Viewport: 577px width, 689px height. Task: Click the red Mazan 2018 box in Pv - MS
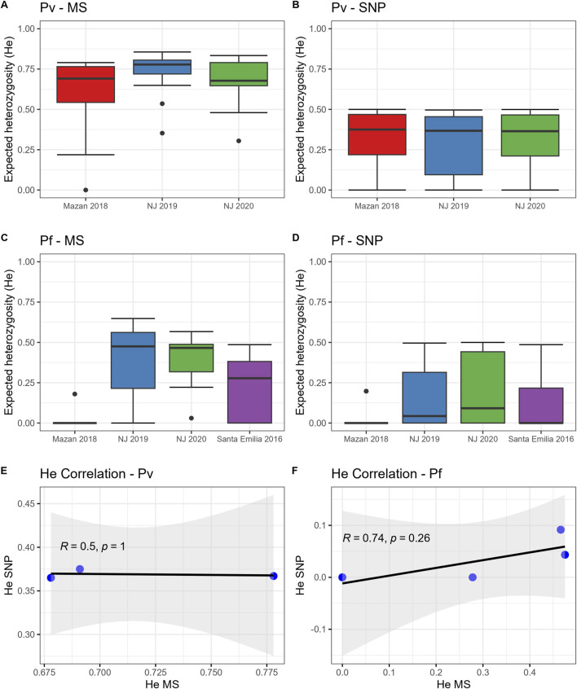pyautogui.click(x=86, y=85)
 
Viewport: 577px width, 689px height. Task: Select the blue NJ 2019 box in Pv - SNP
pyautogui.click(x=453, y=146)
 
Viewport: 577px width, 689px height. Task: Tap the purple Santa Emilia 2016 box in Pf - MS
pyautogui.click(x=250, y=392)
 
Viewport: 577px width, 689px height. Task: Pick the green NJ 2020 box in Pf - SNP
pyautogui.click(x=482, y=387)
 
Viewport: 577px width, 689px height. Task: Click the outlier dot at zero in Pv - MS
pyautogui.click(x=86, y=190)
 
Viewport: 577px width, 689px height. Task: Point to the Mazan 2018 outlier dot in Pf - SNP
pyautogui.click(x=366, y=391)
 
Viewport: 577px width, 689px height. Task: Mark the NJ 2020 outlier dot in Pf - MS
pyautogui.click(x=192, y=418)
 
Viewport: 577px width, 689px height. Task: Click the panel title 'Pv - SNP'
pyautogui.click(x=358, y=7)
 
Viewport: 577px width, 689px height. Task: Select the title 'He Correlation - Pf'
pyautogui.click(x=386, y=474)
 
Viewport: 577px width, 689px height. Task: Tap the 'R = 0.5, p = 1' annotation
pyautogui.click(x=92, y=546)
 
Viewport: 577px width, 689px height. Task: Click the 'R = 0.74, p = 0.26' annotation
pyautogui.click(x=386, y=538)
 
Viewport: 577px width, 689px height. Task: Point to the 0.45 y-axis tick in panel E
pyautogui.click(x=26, y=503)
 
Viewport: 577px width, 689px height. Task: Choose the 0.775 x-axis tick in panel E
pyautogui.click(x=266, y=672)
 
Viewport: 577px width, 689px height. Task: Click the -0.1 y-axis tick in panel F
pyautogui.click(x=318, y=630)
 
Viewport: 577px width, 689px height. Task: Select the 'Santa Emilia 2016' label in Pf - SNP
pyautogui.click(x=541, y=438)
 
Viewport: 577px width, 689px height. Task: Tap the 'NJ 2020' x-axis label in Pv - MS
pyautogui.click(x=238, y=206)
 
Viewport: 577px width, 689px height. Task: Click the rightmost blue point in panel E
pyautogui.click(x=274, y=576)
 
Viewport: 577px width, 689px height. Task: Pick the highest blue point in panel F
pyautogui.click(x=560, y=529)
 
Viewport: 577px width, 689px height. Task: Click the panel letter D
pyautogui.click(x=296, y=238)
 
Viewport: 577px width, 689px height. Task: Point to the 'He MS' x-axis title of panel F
pyautogui.click(x=453, y=684)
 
